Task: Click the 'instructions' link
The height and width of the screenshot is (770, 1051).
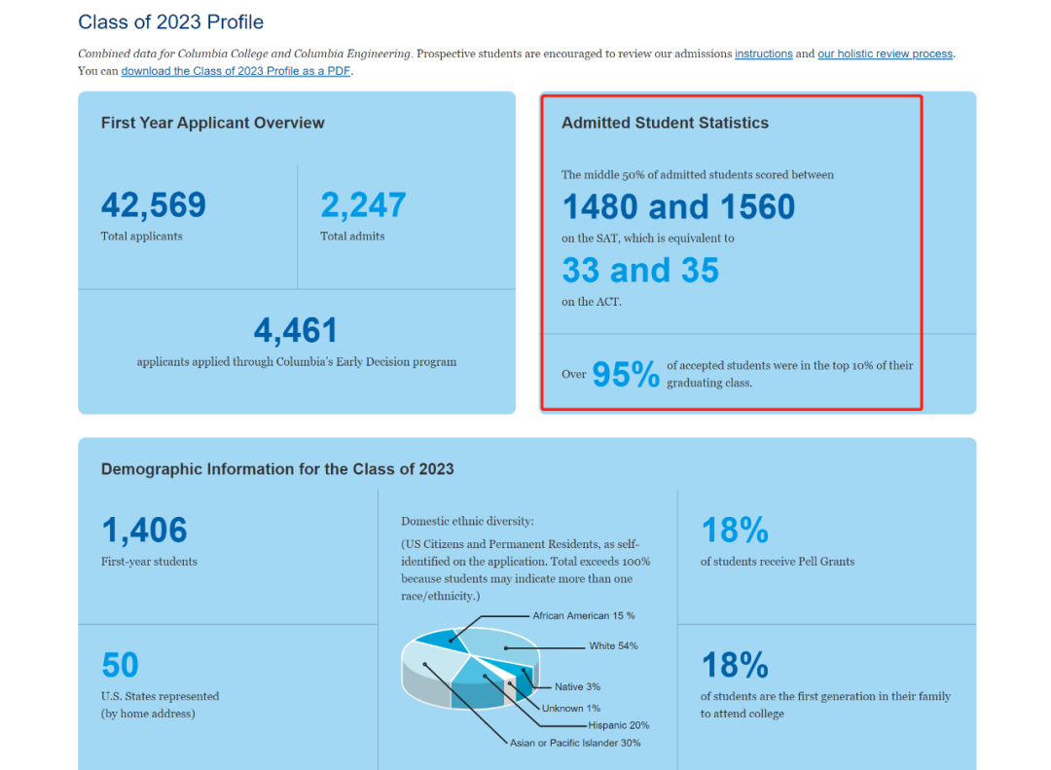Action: tap(763, 54)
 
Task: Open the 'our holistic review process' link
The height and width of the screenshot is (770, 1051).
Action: tap(885, 54)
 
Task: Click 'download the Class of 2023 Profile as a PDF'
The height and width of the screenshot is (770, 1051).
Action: tap(236, 71)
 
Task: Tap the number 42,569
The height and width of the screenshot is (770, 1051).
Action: tap(154, 205)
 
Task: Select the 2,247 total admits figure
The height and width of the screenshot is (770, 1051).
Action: tap(363, 205)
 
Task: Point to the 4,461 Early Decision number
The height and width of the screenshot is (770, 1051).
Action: tap(296, 331)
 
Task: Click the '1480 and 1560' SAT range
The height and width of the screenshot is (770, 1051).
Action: tap(678, 207)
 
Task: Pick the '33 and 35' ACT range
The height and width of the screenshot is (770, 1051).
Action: tap(640, 270)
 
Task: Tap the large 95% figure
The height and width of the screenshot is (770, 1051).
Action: tap(626, 374)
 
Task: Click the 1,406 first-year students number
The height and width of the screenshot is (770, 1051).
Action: tap(144, 532)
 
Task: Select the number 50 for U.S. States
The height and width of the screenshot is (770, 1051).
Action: tap(121, 666)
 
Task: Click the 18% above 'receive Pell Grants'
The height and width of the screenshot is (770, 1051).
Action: tap(735, 532)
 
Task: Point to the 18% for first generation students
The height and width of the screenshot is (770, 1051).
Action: tap(735, 666)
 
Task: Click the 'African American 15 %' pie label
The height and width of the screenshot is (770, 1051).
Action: tap(584, 615)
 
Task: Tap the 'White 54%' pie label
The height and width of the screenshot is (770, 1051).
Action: tap(613, 646)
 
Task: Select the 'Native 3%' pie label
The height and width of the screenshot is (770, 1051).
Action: tap(577, 687)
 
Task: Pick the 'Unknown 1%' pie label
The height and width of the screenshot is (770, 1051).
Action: tap(571, 708)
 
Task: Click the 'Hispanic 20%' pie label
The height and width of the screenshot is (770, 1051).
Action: tap(619, 725)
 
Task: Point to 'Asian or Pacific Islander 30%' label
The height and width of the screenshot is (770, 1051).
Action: tap(575, 743)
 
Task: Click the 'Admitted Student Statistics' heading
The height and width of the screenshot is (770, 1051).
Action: tap(665, 123)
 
